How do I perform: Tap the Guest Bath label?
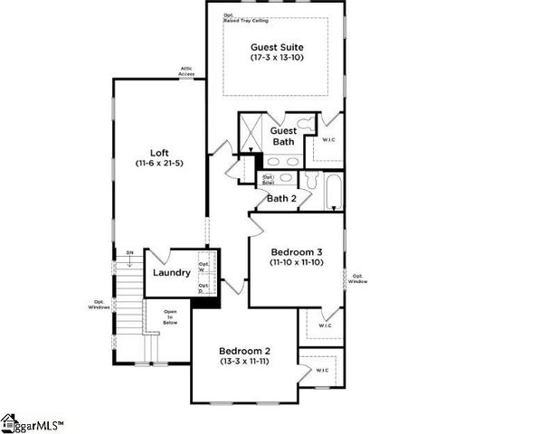point(283,137)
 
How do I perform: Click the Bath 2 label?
point(281,198)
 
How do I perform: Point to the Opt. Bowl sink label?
point(268,179)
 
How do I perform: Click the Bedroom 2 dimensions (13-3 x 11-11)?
point(245,361)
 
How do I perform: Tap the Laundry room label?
point(171,272)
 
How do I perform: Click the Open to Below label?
point(170,316)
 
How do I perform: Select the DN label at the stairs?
point(130,253)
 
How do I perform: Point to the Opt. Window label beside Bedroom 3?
point(359,278)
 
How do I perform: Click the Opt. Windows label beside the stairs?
point(99,305)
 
